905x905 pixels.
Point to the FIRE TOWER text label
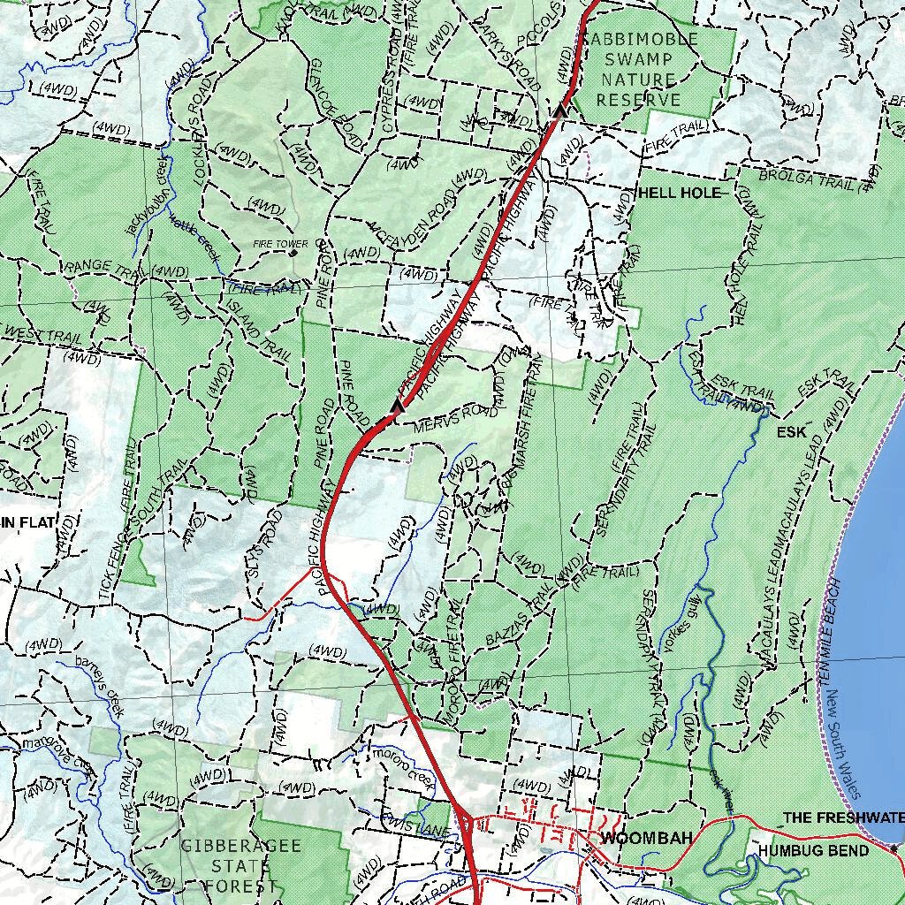(x=281, y=244)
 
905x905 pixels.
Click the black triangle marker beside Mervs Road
(x=397, y=406)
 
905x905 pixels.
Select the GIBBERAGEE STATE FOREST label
(x=240, y=865)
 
